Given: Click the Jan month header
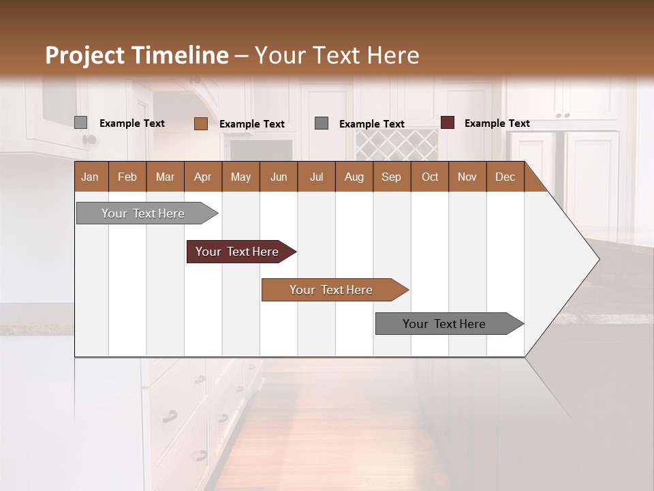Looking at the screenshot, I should (x=90, y=177).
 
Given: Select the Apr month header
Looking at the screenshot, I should (x=202, y=177).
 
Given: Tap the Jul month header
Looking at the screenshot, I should (x=316, y=177).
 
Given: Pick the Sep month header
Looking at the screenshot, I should (x=391, y=177).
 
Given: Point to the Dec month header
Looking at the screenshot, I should (x=505, y=177).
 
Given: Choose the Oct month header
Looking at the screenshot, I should (x=429, y=177).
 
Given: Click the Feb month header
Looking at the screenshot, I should (x=127, y=177).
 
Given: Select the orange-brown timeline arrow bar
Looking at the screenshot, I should (x=332, y=290).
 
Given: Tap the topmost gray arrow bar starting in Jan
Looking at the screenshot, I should (x=144, y=213).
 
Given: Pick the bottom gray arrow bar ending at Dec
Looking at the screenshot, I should (x=445, y=324).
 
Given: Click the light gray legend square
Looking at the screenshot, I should (x=80, y=123).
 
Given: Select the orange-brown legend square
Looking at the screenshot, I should (x=200, y=123).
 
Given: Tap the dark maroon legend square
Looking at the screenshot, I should (x=447, y=123).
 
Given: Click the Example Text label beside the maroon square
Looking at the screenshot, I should (x=497, y=123).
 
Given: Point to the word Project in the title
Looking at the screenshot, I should (x=84, y=55).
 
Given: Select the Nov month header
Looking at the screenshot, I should (x=467, y=177).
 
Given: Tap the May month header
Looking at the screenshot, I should (x=240, y=177).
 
